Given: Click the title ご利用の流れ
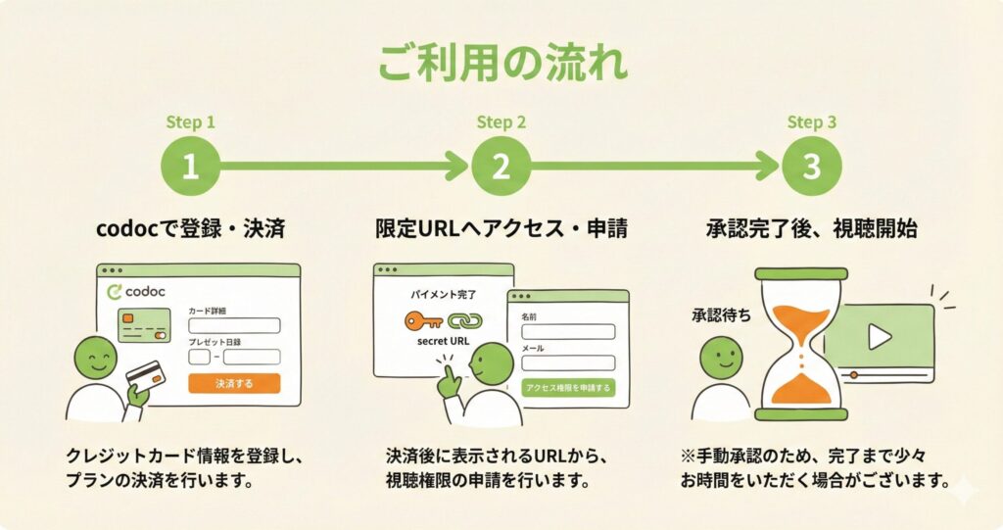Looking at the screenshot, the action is pos(502,62).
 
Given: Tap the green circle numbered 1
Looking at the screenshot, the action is pos(190,167).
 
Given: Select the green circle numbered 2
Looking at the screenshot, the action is pos(501,167).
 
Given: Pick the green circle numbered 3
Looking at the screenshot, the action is pos(812,167).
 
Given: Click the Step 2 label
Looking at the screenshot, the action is pos(501,121).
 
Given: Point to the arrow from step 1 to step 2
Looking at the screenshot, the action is pos(344,167).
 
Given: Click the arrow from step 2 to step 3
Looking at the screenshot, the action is pos(655,167).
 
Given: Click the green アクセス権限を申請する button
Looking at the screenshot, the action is pos(568,388).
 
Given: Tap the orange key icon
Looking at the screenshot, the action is pos(423,320).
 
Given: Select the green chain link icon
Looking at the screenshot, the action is pos(465,320).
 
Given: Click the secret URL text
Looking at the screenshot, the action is pos(443,341).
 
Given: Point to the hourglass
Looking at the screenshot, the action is pos(801,345).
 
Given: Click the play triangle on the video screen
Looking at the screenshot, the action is pos(879,337).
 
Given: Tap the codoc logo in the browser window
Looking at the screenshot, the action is pos(136,292).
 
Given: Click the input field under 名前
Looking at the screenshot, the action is pos(568,331).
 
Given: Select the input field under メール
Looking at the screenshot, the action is pos(568,362).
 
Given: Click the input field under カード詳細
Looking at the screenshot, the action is pos(234,325).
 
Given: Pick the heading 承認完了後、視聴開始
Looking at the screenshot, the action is pos(812,228).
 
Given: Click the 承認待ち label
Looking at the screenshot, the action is pos(722,315).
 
